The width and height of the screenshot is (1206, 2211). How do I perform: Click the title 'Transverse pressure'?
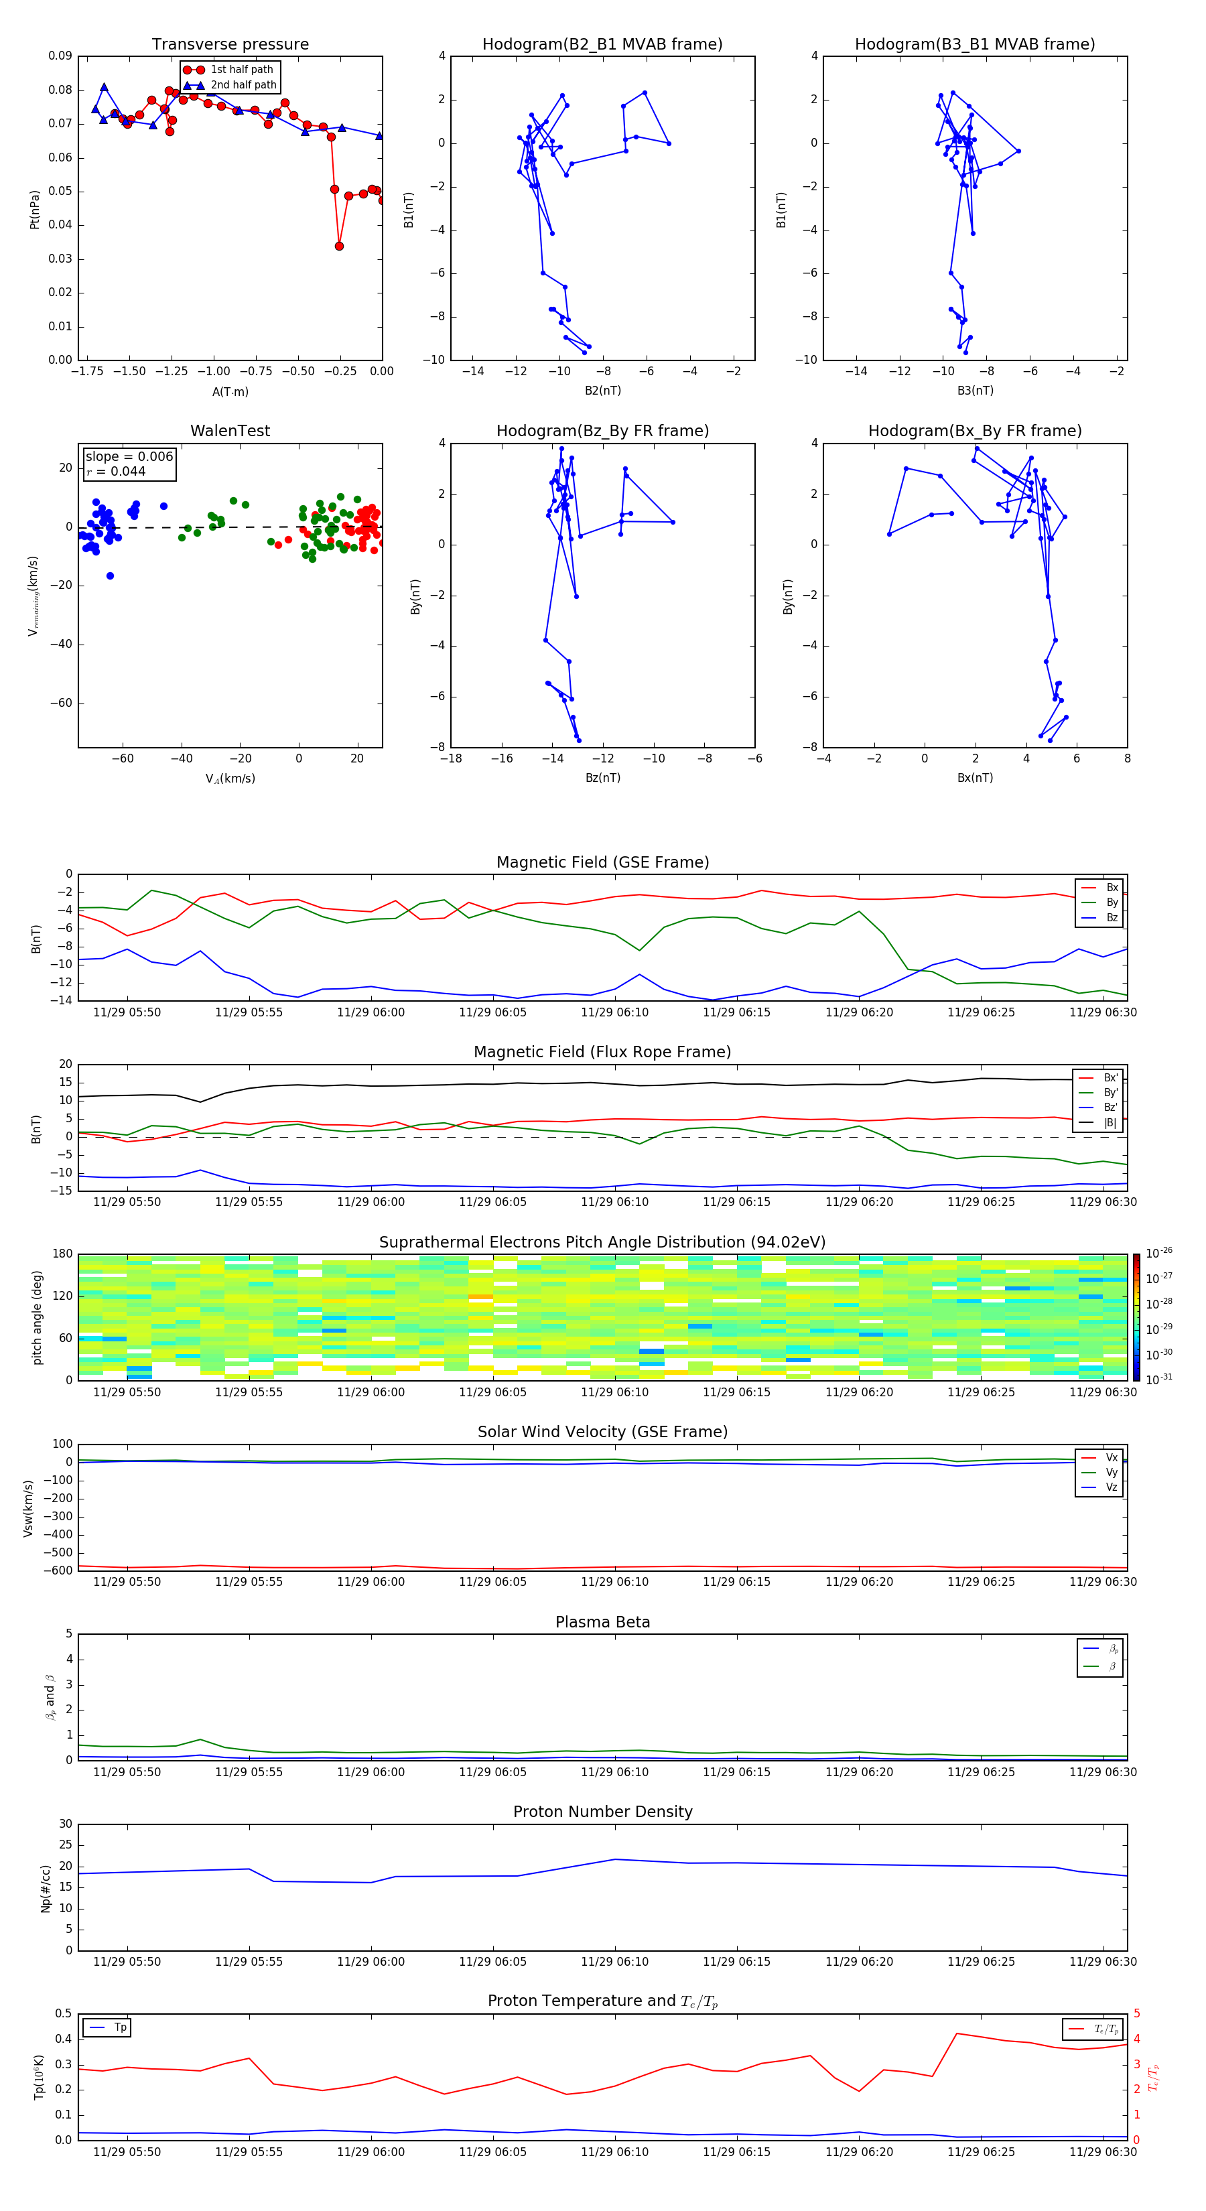(x=230, y=45)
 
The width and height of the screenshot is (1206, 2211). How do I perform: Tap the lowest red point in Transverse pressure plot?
(x=339, y=247)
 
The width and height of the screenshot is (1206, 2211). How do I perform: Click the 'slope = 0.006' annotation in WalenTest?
(x=129, y=457)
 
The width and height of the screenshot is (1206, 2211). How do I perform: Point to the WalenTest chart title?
(x=230, y=431)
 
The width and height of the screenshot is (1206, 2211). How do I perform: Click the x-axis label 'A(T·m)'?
(x=230, y=392)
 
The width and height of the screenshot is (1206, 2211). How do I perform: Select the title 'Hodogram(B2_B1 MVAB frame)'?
(x=602, y=45)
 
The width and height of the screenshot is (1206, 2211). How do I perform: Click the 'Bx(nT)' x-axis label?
(x=974, y=778)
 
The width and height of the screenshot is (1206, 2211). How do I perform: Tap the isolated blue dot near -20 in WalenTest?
(x=110, y=576)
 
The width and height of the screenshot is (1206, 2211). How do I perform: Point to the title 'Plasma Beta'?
(x=602, y=1622)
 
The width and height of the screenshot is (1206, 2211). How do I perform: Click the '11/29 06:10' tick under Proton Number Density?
(x=614, y=1961)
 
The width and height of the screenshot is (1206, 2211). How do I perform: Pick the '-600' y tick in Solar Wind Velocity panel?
(x=59, y=1570)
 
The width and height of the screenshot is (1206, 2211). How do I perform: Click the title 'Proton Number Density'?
(x=602, y=1812)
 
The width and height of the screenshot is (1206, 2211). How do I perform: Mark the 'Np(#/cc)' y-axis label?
(x=46, y=1888)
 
